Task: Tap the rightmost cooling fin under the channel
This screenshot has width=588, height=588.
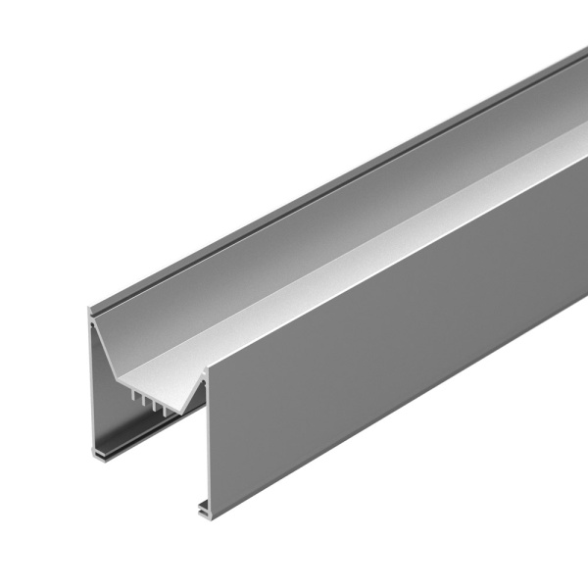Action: pos(160,403)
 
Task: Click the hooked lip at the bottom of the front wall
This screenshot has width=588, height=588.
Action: pos(204,509)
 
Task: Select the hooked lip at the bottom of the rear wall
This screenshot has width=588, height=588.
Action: pos(100,454)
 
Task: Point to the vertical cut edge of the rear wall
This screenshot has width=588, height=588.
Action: pos(92,382)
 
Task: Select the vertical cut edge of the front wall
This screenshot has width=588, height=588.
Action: pos(205,441)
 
